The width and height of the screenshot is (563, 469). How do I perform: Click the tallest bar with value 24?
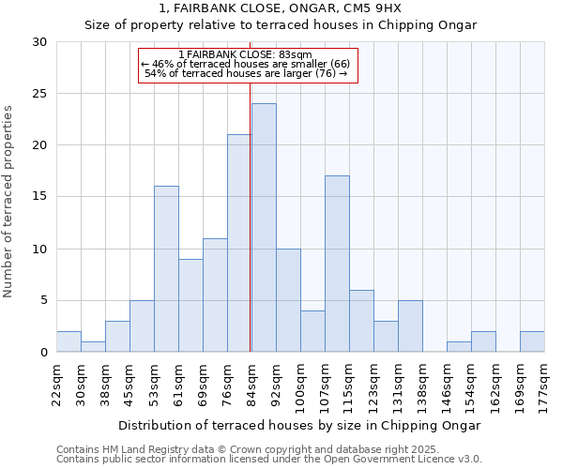[x=264, y=227]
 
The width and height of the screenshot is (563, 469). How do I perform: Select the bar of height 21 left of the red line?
[x=239, y=243]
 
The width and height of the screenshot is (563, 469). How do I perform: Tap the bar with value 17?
[x=337, y=264]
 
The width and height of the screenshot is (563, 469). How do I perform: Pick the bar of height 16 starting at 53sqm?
[x=166, y=268]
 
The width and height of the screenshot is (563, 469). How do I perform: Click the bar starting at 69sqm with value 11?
[x=215, y=295]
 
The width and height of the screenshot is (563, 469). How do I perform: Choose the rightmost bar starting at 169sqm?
[x=532, y=341]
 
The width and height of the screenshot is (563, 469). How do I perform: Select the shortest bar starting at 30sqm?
[x=93, y=346]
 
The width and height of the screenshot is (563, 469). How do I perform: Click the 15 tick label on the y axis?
[x=40, y=197]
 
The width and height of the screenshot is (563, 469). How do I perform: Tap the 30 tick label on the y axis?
[x=40, y=42]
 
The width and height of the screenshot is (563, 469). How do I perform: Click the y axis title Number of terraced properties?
[x=8, y=201]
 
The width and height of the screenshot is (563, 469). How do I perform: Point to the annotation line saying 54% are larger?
[x=251, y=73]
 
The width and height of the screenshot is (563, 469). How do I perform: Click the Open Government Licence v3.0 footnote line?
[x=268, y=459]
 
